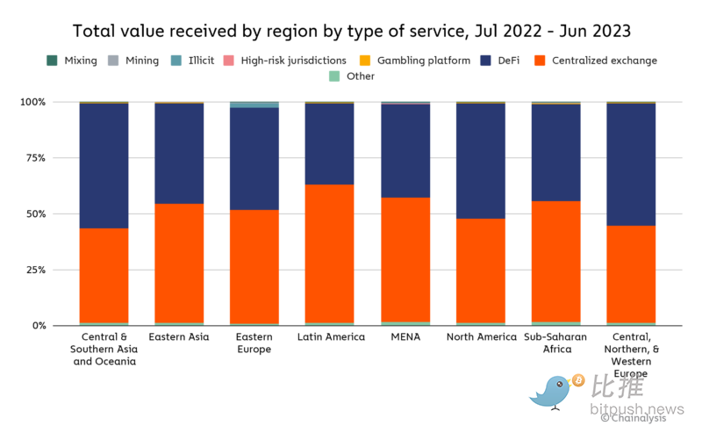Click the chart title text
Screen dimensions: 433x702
(351, 32)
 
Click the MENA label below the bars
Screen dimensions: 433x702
(405, 337)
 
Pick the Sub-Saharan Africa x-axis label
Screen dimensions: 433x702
(556, 343)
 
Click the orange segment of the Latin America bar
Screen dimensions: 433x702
(329, 254)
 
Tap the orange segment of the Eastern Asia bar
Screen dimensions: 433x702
(179, 263)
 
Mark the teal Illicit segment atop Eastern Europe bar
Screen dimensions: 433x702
(254, 105)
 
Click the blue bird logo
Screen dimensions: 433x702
(550, 391)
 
